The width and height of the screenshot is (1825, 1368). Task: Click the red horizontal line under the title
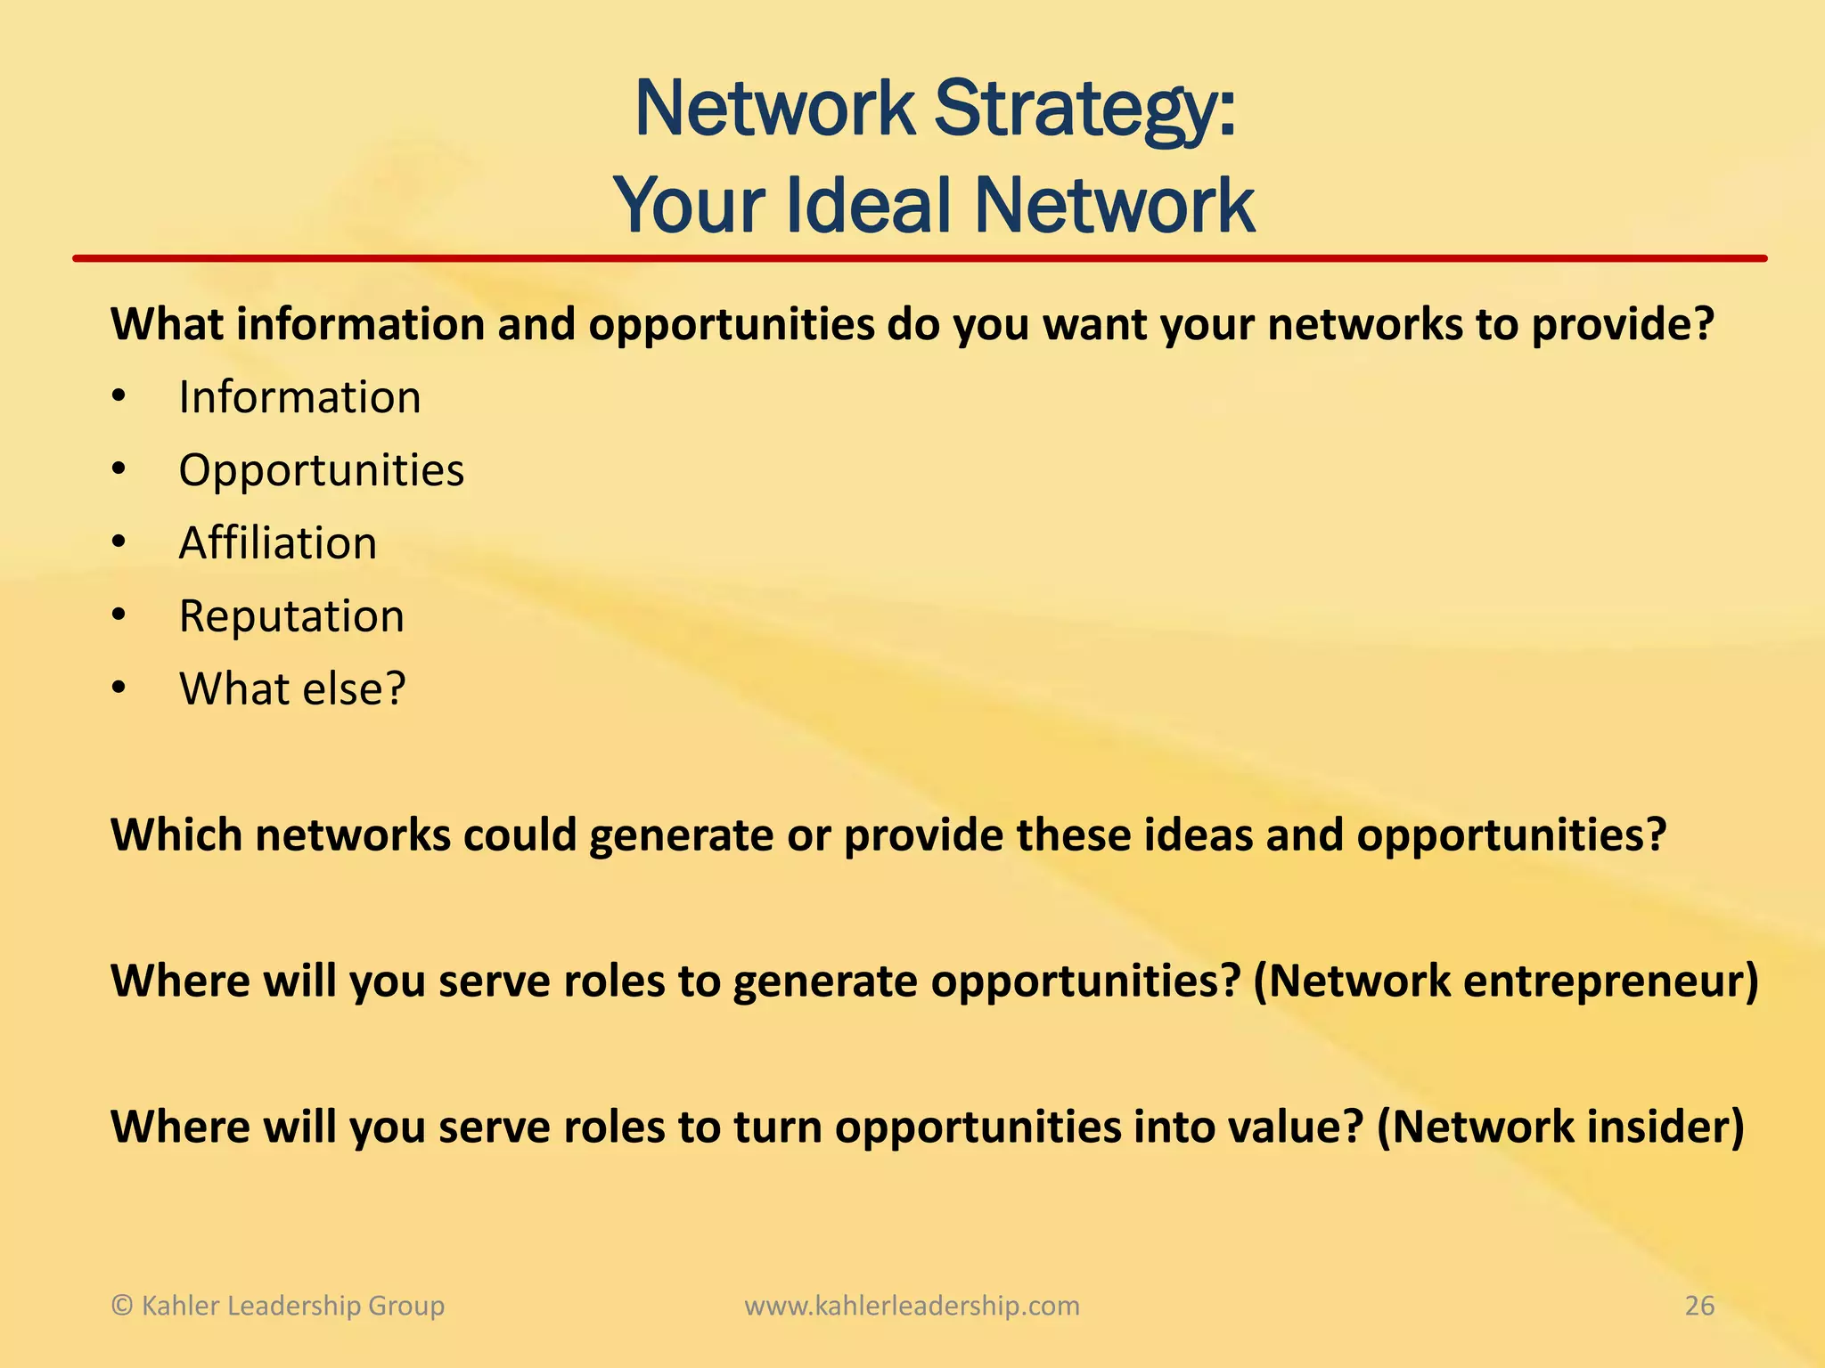[918, 258]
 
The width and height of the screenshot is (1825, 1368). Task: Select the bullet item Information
[299, 397]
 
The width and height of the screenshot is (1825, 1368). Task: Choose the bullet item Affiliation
[277, 543]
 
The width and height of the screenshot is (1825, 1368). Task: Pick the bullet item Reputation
[291, 616]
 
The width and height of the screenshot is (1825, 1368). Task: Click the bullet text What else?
[292, 689]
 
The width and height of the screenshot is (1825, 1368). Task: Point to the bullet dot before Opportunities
[119, 470]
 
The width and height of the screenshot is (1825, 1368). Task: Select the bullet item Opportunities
[321, 470]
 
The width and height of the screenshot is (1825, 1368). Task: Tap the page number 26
[1699, 1306]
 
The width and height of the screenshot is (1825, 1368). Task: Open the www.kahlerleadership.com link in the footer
[912, 1306]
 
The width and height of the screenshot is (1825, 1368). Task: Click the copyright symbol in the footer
[122, 1306]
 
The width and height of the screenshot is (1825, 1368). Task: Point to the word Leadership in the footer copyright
[288, 1306]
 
